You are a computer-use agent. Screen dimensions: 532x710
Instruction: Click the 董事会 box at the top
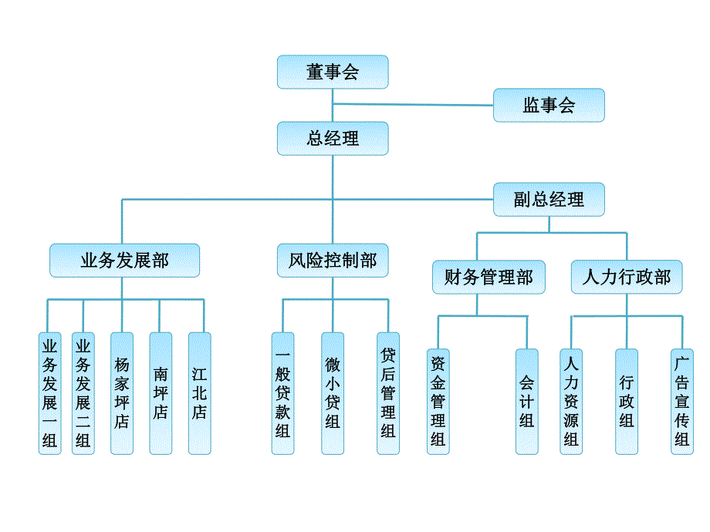coord(333,72)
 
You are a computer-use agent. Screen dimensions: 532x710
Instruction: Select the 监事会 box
coord(549,105)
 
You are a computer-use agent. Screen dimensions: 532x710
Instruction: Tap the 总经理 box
coord(333,139)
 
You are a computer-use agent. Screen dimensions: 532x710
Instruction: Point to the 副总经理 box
coord(549,200)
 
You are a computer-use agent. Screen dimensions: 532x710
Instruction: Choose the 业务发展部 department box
coord(124,261)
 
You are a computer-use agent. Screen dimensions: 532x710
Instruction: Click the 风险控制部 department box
coord(333,261)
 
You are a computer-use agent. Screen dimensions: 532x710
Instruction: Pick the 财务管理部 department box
coord(488,277)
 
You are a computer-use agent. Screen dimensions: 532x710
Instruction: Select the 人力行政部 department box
coord(627,277)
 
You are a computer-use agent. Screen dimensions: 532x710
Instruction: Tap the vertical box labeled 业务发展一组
coord(50,393)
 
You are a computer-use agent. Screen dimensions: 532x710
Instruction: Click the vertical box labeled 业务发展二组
coord(83,393)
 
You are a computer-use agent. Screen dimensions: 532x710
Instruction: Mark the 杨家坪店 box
coord(122,393)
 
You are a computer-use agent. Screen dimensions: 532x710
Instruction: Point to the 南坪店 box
coord(161,393)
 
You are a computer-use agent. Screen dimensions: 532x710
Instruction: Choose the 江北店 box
coord(199,393)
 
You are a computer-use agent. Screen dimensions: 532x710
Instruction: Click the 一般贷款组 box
coord(283,393)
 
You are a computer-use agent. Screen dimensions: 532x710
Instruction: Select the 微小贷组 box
coord(333,393)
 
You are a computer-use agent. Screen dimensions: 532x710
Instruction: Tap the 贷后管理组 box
coord(388,393)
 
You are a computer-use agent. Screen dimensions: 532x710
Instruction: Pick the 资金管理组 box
coord(438,401)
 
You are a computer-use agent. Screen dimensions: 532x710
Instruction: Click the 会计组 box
coord(527,401)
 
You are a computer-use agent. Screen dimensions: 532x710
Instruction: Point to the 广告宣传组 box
coord(682,401)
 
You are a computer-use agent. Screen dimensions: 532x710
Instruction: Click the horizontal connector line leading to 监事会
coord(413,104)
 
